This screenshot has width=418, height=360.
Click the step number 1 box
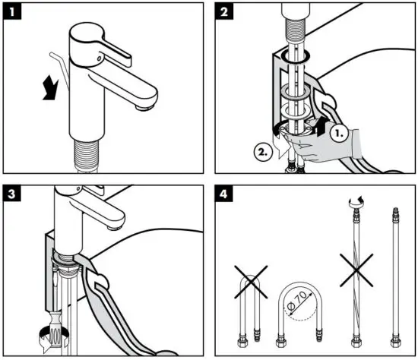(11, 11)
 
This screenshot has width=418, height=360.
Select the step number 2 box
(225, 11)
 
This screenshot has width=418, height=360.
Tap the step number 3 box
(11, 194)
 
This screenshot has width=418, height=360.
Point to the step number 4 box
(225, 194)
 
